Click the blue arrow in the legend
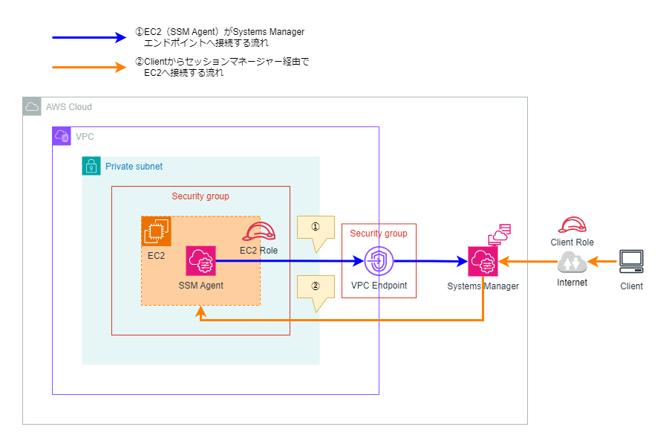click(89, 37)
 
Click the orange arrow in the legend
click(89, 68)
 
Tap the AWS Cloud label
click(69, 107)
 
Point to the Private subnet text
click(134, 167)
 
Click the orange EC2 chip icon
click(156, 231)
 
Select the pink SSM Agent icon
click(200, 261)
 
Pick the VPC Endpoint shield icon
click(379, 261)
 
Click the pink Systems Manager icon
click(483, 261)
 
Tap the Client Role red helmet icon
click(572, 226)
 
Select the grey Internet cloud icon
click(572, 262)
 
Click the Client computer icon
click(632, 261)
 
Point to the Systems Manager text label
click(483, 286)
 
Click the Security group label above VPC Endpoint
click(379, 234)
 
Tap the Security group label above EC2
click(200, 196)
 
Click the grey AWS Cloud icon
click(32, 106)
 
